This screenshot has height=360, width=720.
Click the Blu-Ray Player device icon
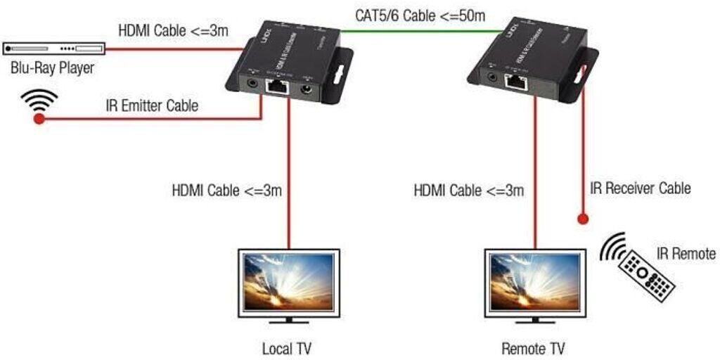(53, 49)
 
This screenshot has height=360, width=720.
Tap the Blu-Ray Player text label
(51, 68)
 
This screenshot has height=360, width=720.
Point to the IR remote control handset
(645, 271)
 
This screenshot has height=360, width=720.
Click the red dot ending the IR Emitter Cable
(39, 120)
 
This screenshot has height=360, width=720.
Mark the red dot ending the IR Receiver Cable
(582, 219)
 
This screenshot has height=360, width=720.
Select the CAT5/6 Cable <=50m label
(420, 15)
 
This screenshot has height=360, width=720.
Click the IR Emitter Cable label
(152, 106)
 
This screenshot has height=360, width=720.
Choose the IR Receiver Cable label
(641, 188)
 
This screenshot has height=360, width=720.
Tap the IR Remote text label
(686, 254)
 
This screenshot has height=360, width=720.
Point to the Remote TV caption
(532, 349)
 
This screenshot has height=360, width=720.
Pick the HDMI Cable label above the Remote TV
(468, 191)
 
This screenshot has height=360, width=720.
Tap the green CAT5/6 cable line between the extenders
(422, 30)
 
